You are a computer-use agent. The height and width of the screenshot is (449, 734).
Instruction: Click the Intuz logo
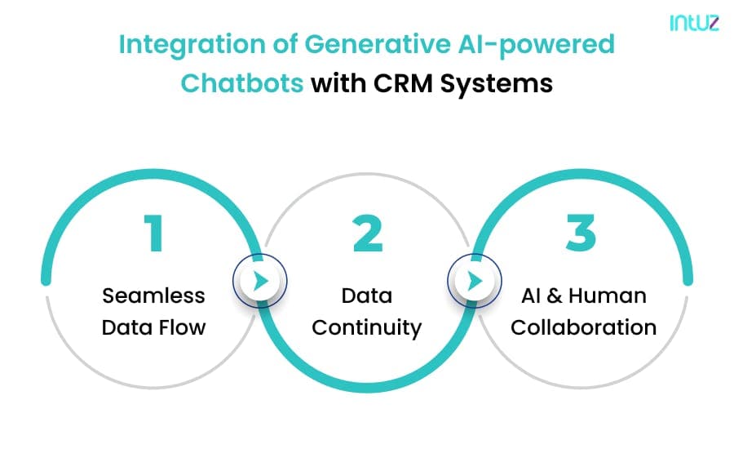(x=694, y=23)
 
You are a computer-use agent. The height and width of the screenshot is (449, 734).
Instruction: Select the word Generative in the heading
(x=378, y=44)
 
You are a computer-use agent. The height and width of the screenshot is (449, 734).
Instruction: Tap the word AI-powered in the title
(x=537, y=46)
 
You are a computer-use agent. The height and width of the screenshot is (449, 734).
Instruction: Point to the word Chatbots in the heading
(x=242, y=83)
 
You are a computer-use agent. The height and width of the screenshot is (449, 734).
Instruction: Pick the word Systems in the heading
(x=496, y=84)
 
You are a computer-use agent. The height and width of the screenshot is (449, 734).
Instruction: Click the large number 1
(x=153, y=233)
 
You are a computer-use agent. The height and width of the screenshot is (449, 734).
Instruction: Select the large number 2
(x=368, y=233)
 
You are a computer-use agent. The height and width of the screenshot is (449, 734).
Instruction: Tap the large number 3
(x=581, y=233)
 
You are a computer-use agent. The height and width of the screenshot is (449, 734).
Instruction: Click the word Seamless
(x=153, y=296)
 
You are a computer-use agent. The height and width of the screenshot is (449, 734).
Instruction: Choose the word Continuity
(x=366, y=328)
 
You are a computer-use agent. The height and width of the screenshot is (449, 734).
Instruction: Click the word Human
(x=607, y=296)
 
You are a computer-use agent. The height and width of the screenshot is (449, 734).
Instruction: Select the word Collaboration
(x=583, y=327)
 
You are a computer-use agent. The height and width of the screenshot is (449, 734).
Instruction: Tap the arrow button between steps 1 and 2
(x=260, y=281)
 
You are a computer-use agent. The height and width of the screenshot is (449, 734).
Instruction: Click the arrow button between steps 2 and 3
(x=474, y=281)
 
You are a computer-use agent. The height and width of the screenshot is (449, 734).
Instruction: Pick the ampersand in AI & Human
(x=555, y=296)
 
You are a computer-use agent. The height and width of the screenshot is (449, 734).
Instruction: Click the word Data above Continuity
(x=366, y=296)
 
